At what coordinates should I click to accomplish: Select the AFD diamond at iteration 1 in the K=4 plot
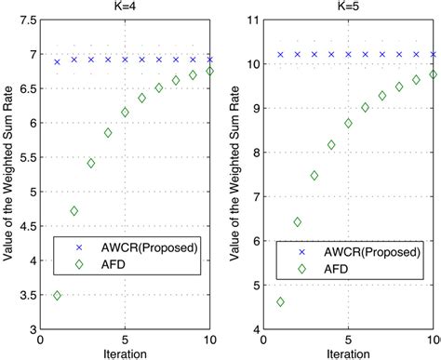[x=58, y=296]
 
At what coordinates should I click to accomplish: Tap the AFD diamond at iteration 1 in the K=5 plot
[x=281, y=302]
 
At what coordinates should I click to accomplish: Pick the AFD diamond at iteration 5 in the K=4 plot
[x=125, y=113]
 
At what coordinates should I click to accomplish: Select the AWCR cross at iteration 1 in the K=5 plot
[x=281, y=55]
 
